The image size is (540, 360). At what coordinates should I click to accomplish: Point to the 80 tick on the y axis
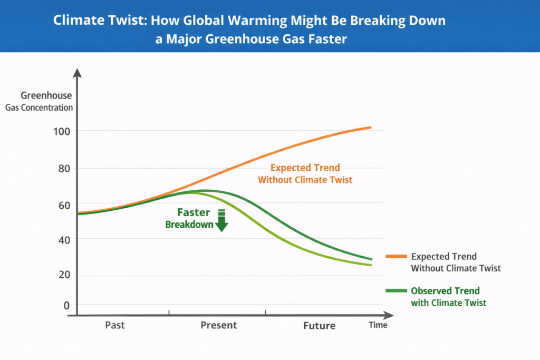point(63,169)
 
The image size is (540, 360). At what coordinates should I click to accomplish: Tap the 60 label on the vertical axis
point(63,204)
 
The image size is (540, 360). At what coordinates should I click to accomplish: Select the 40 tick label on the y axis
point(63,239)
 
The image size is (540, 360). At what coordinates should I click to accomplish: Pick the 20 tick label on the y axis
point(63,275)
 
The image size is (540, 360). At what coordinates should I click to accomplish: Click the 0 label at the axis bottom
point(66,305)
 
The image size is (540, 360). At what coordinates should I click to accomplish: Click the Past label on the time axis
point(114,325)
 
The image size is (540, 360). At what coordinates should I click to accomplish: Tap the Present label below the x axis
point(218,325)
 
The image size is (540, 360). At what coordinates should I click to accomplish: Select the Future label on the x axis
point(319,326)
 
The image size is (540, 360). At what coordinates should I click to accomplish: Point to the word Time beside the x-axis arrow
point(378,325)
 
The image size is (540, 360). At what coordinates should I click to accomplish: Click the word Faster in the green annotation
point(194,212)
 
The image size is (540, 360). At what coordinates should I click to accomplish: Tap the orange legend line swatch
point(396,257)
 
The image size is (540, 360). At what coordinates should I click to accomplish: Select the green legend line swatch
point(396,291)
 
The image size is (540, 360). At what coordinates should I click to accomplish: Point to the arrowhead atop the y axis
point(78,72)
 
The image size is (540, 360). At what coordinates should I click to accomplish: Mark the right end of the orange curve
point(371,128)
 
